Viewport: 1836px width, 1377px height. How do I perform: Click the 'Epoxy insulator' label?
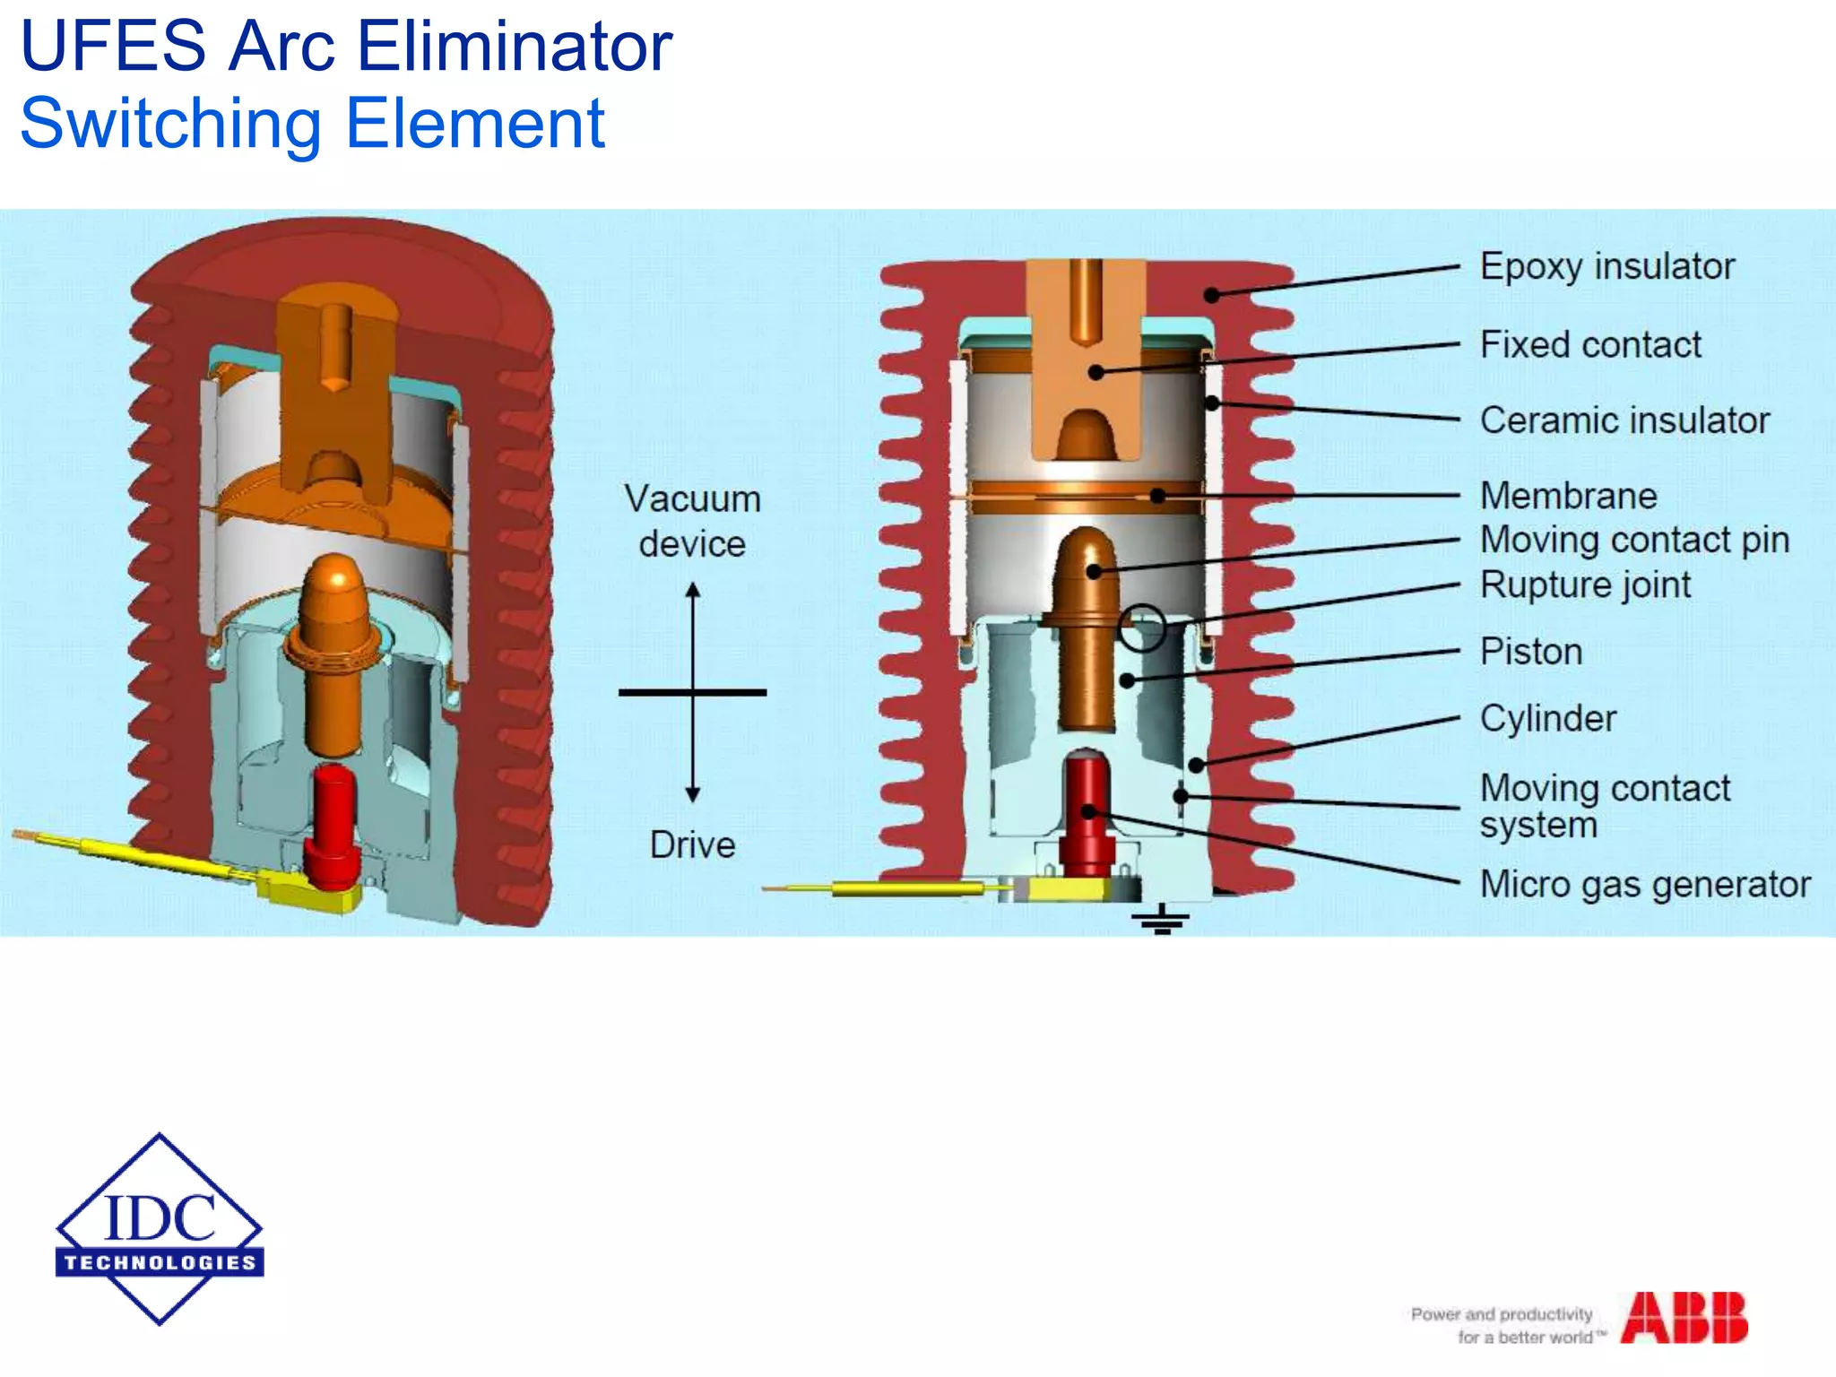[x=1606, y=267]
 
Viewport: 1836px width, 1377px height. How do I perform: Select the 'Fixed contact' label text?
[x=1589, y=345]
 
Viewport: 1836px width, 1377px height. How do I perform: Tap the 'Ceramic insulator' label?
[x=1624, y=420]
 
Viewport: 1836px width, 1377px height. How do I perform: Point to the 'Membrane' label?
[x=1568, y=496]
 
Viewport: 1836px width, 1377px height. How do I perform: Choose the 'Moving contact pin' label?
[x=1634, y=540]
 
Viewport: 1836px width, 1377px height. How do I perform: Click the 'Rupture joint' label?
[x=1585, y=585]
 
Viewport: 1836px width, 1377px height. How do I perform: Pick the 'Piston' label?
[x=1530, y=652]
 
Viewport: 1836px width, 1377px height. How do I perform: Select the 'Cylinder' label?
[x=1547, y=719]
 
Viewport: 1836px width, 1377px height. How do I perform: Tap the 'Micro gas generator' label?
[x=1645, y=885]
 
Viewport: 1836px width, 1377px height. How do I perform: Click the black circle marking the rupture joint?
[x=1142, y=627]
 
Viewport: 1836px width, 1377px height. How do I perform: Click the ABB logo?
[x=1684, y=1318]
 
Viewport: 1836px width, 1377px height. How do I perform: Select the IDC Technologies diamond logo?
[x=160, y=1229]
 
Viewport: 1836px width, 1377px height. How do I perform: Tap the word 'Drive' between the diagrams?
[x=692, y=845]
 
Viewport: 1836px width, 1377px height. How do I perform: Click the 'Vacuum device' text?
[x=692, y=521]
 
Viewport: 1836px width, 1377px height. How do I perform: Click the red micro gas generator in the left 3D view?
[x=332, y=825]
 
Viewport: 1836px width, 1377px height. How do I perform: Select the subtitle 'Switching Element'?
[x=312, y=124]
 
